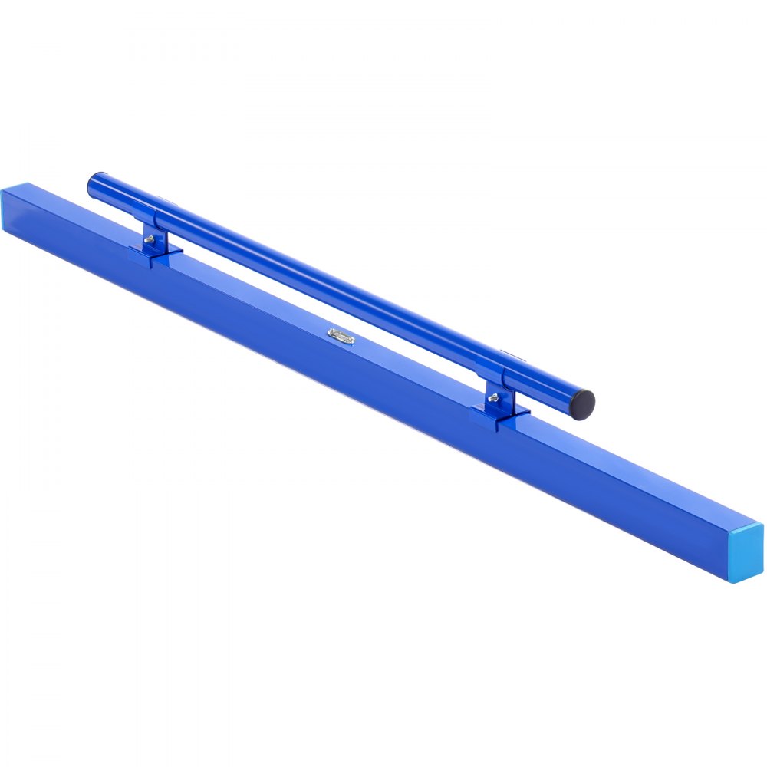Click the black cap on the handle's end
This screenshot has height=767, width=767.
point(585,400)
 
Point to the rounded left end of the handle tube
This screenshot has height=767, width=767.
point(94,183)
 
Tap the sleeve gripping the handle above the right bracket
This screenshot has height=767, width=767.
point(495,374)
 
